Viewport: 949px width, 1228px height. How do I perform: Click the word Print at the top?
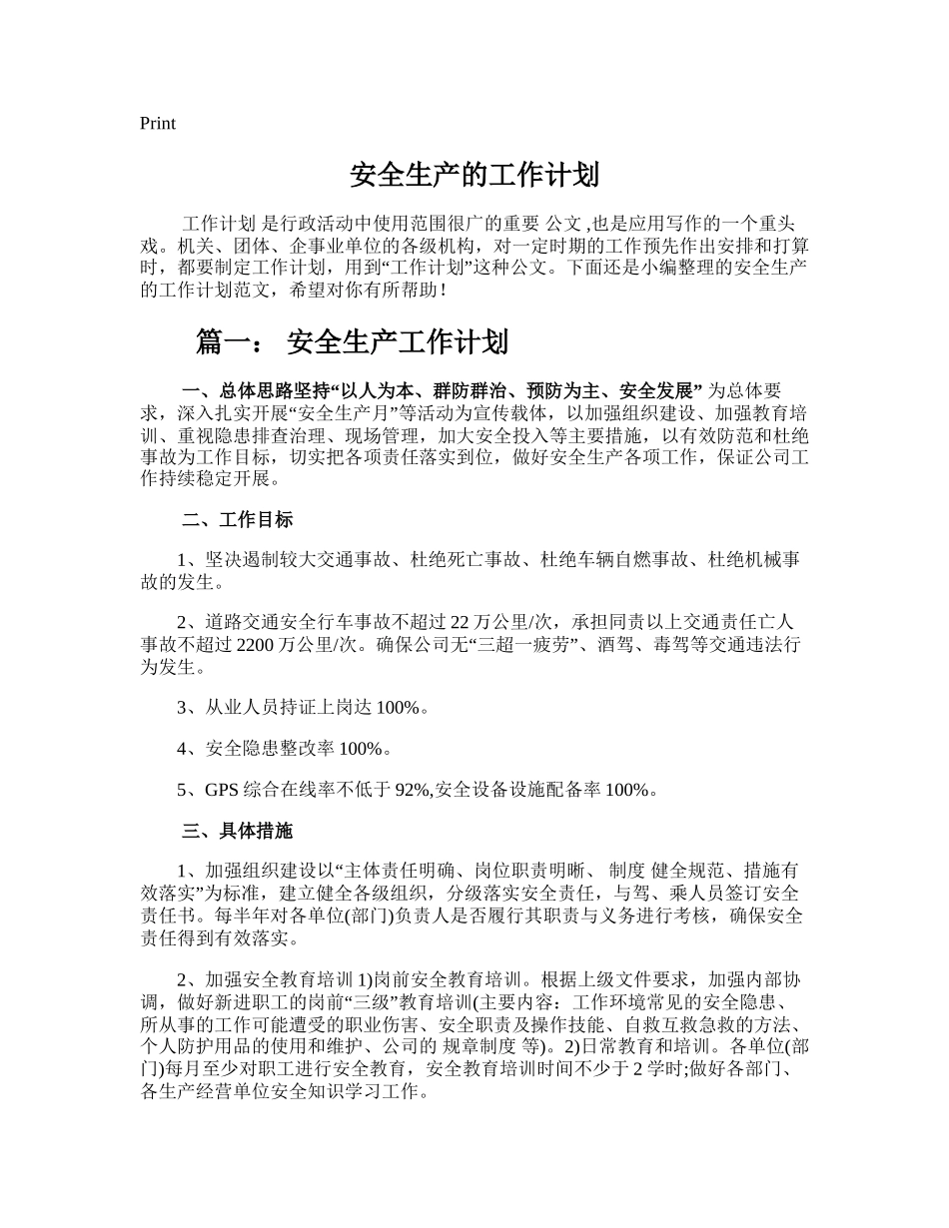coord(158,124)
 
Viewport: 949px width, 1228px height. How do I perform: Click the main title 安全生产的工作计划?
coord(474,176)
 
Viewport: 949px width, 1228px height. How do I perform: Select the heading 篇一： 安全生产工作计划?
coord(352,343)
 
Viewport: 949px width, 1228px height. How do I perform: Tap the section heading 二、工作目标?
coord(237,520)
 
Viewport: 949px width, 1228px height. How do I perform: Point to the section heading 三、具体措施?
coord(237,831)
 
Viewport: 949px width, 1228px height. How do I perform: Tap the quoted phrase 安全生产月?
coord(348,411)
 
